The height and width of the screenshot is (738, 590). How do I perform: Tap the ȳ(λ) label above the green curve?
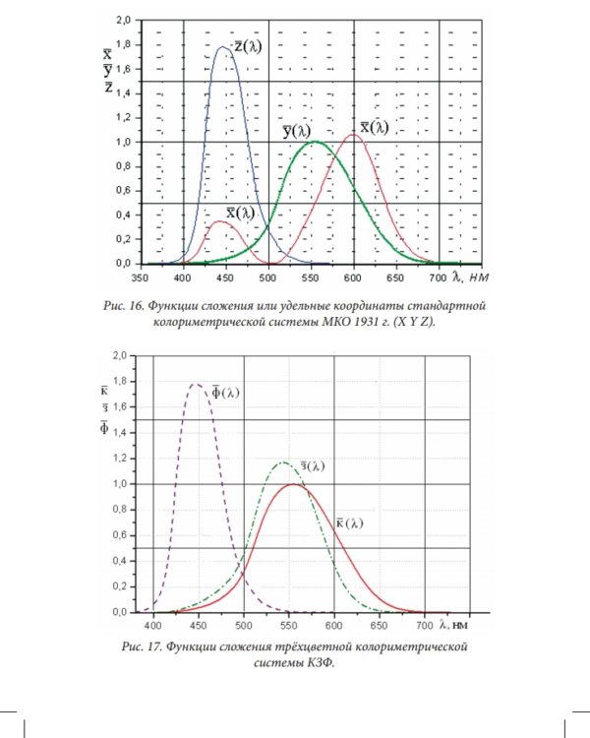click(295, 130)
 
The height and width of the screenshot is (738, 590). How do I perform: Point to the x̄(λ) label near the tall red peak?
click(373, 127)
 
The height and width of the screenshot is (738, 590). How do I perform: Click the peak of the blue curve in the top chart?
click(222, 46)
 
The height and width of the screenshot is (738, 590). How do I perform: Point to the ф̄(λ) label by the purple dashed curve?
click(223, 393)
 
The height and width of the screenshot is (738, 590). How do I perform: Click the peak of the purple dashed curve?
click(195, 385)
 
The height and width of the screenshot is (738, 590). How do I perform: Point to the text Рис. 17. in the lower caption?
click(141, 646)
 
